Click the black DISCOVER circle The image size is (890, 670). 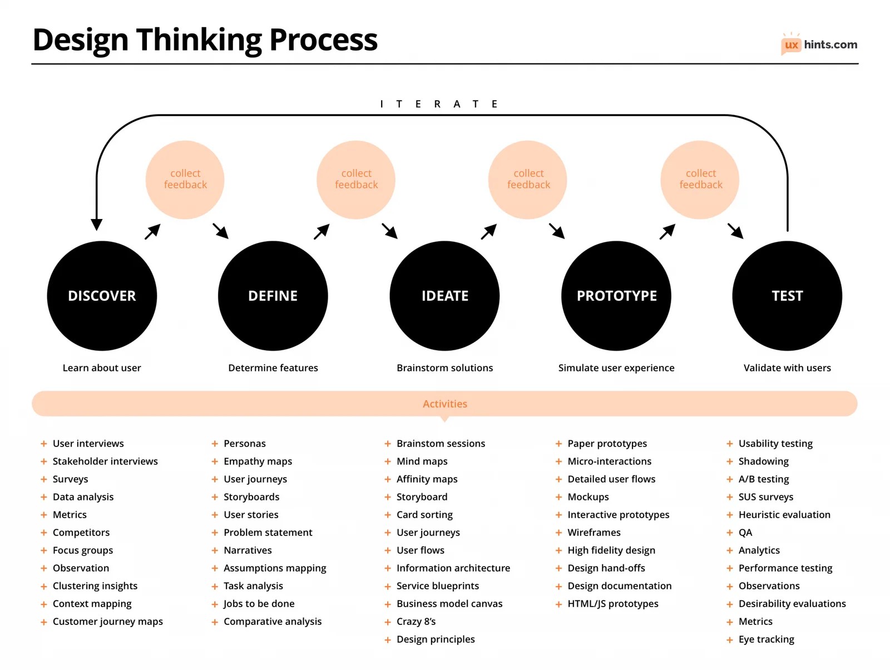(x=102, y=295)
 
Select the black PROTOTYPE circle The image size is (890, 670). (x=616, y=295)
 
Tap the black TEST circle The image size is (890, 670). (x=787, y=295)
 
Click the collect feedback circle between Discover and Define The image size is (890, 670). (x=185, y=179)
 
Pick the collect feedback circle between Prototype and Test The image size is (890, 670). (x=700, y=179)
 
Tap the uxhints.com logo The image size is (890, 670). (x=819, y=44)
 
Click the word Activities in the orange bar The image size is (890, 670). (x=445, y=404)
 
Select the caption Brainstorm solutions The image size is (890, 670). (x=444, y=368)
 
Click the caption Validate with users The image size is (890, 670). (x=787, y=368)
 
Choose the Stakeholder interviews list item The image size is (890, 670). (x=105, y=461)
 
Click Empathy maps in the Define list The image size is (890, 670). (x=258, y=461)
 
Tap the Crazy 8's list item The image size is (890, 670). (x=416, y=621)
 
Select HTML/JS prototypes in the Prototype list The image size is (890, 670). (x=612, y=603)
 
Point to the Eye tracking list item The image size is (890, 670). (x=766, y=639)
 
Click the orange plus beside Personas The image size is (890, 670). (x=215, y=444)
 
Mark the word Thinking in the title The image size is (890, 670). (x=199, y=40)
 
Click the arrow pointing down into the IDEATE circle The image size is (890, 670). (x=390, y=231)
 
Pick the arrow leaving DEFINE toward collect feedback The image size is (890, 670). (x=322, y=232)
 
